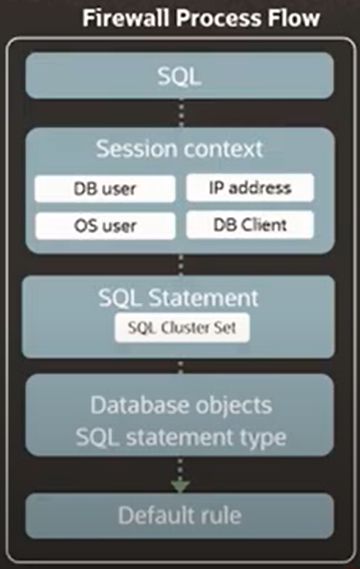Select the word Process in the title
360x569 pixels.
(218, 18)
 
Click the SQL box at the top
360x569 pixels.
(180, 76)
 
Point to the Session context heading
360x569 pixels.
(180, 149)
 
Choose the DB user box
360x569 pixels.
(105, 188)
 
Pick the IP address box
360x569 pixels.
(250, 188)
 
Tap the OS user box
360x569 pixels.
(106, 226)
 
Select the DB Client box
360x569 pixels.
(250, 225)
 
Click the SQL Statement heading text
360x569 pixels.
(178, 298)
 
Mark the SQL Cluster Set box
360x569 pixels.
(182, 328)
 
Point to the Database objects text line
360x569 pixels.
(181, 405)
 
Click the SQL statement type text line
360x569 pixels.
(181, 437)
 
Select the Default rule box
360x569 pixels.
(180, 515)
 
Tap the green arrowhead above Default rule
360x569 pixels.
(180, 486)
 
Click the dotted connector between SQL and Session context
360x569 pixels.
(181, 113)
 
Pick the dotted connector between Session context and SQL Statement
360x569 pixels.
(181, 265)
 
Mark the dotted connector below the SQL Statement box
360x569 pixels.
(180, 367)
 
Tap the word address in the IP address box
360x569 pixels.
(260, 188)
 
